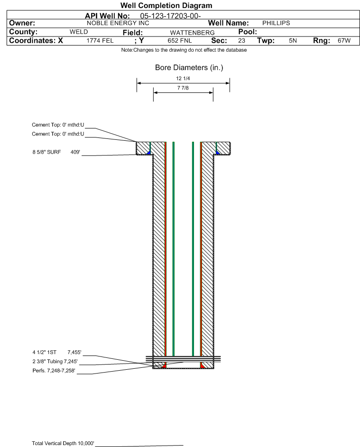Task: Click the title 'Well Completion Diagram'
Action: pyautogui.click(x=166, y=5)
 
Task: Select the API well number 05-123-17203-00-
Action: pyautogui.click(x=170, y=16)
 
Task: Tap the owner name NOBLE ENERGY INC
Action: pyautogui.click(x=118, y=23)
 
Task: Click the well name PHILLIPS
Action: pyautogui.click(x=276, y=23)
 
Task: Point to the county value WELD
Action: pyautogui.click(x=79, y=32)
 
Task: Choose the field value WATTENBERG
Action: pyautogui.click(x=192, y=33)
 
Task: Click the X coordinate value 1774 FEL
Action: pyautogui.click(x=100, y=41)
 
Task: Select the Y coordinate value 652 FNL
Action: pyautogui.click(x=180, y=41)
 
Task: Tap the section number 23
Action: pyautogui.click(x=241, y=41)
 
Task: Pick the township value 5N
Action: pyautogui.click(x=293, y=41)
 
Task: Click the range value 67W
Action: pyautogui.click(x=344, y=41)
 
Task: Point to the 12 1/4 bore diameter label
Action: pyautogui.click(x=183, y=78)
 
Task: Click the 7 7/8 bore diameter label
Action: pyautogui.click(x=183, y=88)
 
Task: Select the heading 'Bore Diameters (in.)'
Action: pyautogui.click(x=189, y=68)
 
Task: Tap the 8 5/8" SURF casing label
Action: pyautogui.click(x=46, y=152)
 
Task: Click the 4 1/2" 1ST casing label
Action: pyautogui.click(x=45, y=352)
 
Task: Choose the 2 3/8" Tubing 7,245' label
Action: pyautogui.click(x=55, y=362)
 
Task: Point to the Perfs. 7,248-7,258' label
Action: pyautogui.click(x=54, y=371)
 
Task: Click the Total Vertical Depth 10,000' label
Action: pyautogui.click(x=63, y=443)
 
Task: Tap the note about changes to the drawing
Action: pyautogui.click(x=184, y=50)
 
